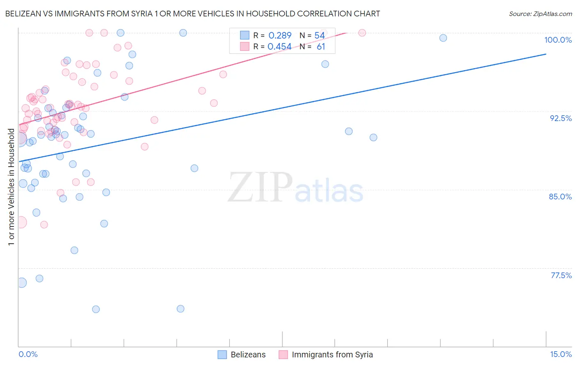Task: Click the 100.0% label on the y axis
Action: click(558, 40)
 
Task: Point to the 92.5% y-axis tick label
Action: click(561, 118)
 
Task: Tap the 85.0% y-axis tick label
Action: click(560, 197)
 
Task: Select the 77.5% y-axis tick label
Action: click(561, 275)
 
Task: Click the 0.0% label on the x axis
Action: click(28, 354)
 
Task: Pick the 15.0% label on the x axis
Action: click(561, 354)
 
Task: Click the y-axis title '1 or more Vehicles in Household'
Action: click(11, 187)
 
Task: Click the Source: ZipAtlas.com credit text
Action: click(540, 14)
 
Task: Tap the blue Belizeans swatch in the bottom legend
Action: click(222, 355)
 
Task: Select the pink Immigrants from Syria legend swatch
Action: click(283, 355)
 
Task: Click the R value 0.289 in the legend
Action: click(280, 36)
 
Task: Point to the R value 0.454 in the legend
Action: click(279, 47)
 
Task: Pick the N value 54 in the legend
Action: click(320, 36)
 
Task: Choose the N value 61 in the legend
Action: click(321, 47)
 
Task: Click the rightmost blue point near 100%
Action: click(443, 38)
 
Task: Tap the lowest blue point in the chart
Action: click(96, 309)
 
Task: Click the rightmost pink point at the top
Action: click(362, 33)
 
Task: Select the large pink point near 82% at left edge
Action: click(21, 222)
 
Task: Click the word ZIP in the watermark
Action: click(260, 188)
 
